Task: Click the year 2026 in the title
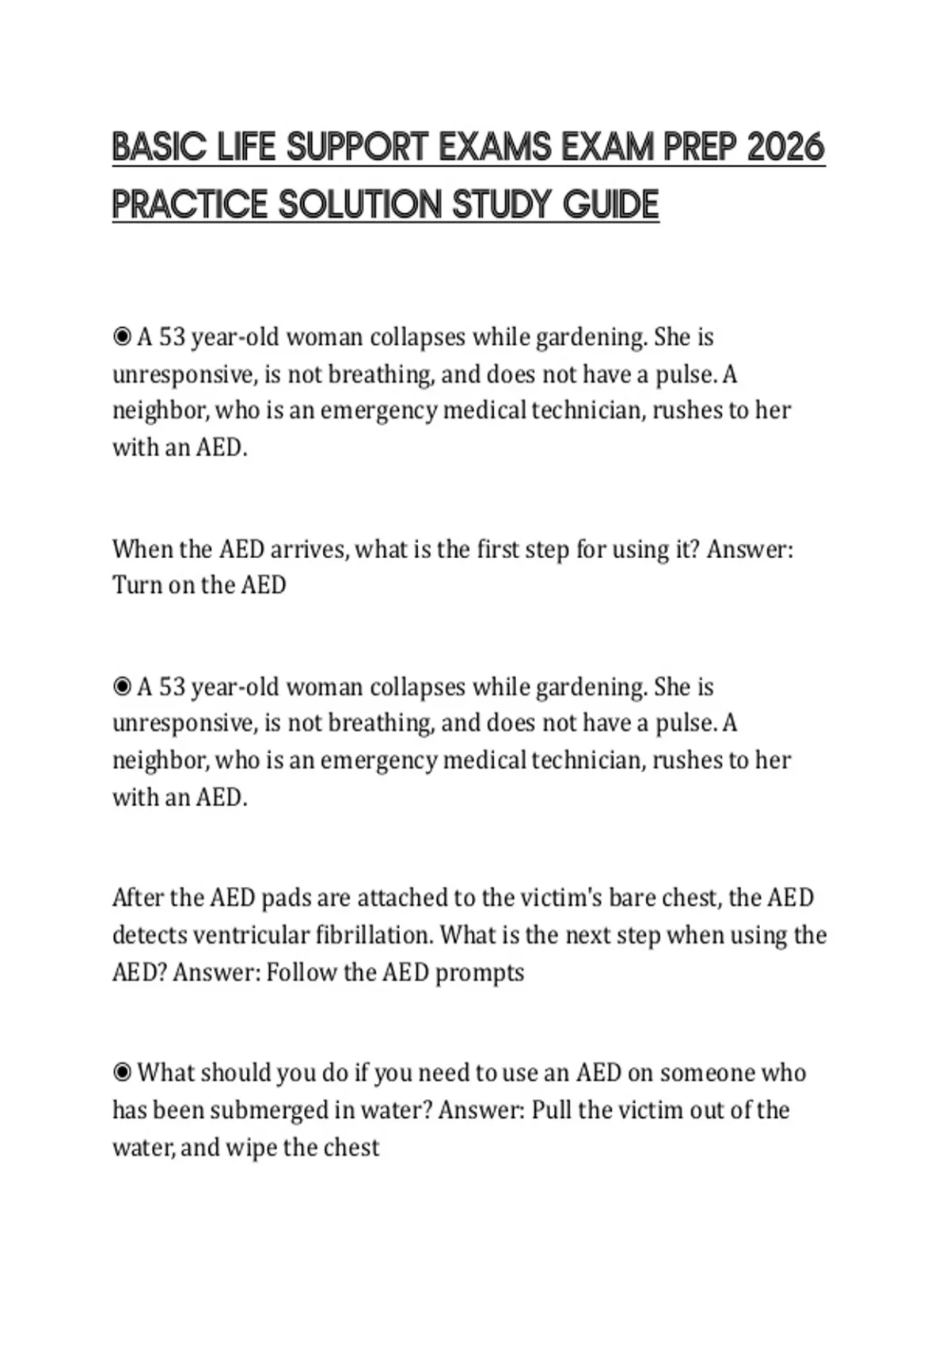pos(785,148)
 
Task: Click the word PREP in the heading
pos(700,148)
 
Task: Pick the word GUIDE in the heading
pos(610,205)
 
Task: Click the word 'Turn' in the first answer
pos(137,585)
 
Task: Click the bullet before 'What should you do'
pos(122,1073)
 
